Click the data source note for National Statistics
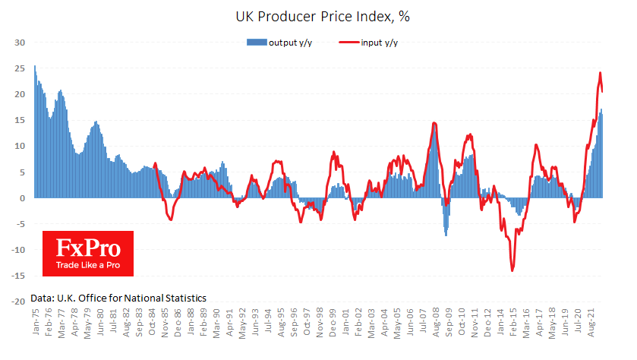tap(118, 298)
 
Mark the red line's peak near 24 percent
tap(600, 73)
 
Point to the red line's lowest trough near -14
tap(512, 270)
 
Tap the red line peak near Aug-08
tap(434, 123)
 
